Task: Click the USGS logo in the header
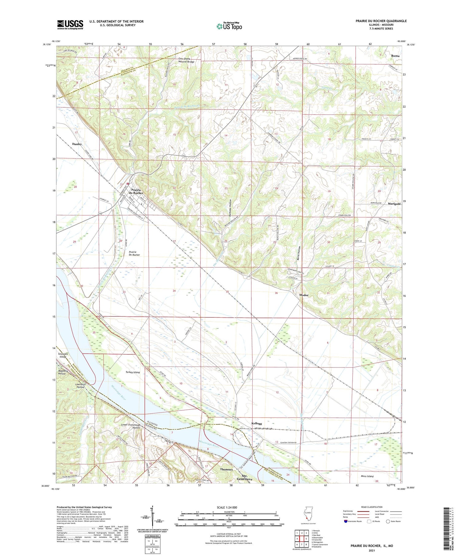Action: (70, 25)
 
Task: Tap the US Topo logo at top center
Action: (229, 26)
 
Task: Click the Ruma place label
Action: (395, 56)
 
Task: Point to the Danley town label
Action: (77, 144)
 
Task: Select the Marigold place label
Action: (394, 204)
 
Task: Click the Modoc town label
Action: (304, 295)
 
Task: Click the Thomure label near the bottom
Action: (226, 470)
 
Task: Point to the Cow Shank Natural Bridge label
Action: (187, 60)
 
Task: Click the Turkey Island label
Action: (132, 372)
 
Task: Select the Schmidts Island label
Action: (63, 355)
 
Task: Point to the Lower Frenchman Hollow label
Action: (131, 426)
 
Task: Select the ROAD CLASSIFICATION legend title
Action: (372, 507)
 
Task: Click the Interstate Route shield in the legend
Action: (346, 521)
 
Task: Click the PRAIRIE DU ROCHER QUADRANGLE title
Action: (380, 21)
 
